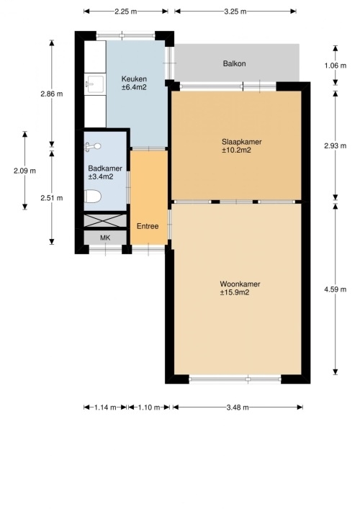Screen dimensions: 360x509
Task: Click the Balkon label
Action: coord(234,63)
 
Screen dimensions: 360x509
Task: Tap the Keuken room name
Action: coord(134,79)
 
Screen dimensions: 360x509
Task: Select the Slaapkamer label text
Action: coord(241,142)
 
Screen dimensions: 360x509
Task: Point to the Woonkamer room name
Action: coord(240,284)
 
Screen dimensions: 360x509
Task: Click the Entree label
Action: coord(148,226)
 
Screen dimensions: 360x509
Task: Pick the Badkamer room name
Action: coord(105,168)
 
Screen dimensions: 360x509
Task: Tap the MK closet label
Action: coord(105,238)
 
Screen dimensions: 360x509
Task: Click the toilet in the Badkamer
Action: coord(93,197)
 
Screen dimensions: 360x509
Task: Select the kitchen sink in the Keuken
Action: coord(95,84)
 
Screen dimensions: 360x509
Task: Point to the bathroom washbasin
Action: coord(93,147)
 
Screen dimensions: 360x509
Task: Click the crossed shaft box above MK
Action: coord(105,221)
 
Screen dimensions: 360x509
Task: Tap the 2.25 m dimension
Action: coord(125,12)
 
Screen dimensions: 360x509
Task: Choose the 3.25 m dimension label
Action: coord(235,12)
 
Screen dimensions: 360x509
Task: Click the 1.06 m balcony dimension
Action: coord(336,66)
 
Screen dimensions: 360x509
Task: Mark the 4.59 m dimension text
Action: coord(336,289)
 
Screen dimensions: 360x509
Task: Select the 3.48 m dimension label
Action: coord(238,407)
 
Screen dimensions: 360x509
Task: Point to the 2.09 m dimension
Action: coord(24,171)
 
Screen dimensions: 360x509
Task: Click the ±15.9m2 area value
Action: coord(235,292)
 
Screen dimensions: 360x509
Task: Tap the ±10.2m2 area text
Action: coord(236,150)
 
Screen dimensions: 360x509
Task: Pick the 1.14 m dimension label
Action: coord(105,407)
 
